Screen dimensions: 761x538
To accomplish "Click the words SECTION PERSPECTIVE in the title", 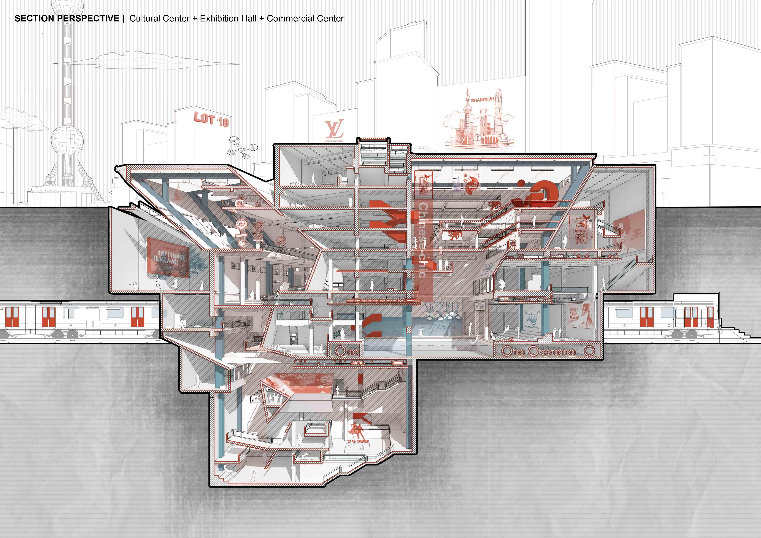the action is click(67, 19).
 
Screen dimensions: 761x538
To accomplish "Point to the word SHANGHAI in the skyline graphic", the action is click(482, 99).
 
